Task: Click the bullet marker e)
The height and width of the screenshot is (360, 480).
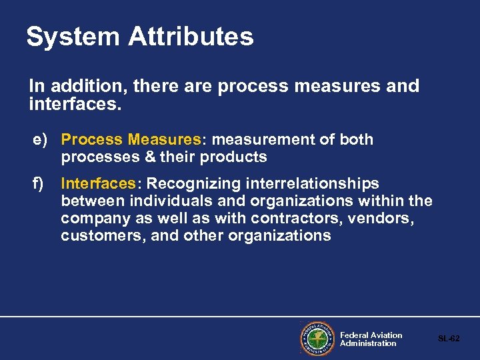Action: (x=41, y=139)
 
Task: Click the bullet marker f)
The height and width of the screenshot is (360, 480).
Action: (x=39, y=183)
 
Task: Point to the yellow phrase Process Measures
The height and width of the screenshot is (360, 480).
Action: (x=131, y=139)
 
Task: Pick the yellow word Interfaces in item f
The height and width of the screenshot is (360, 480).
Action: (x=98, y=183)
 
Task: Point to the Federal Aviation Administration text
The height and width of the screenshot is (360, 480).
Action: (x=371, y=339)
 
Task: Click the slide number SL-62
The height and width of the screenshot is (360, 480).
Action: (x=449, y=339)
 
